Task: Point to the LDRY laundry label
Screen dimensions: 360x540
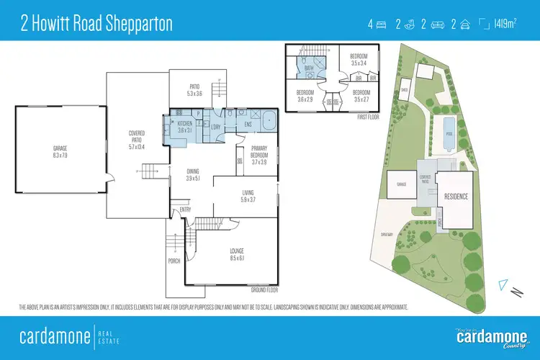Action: coord(215,127)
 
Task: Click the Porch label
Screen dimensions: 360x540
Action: coord(174,261)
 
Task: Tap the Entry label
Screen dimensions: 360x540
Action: coord(186,210)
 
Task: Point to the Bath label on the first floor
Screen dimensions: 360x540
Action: coord(308,69)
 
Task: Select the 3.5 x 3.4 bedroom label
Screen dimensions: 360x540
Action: coord(359,60)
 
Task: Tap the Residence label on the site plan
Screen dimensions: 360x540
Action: coord(456,197)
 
